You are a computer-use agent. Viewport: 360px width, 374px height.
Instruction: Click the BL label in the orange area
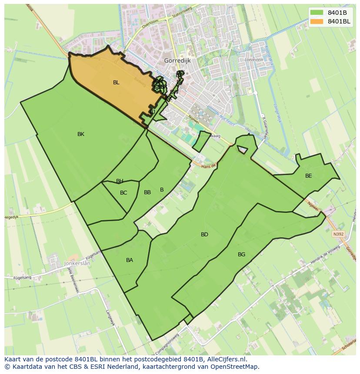[x=116, y=83]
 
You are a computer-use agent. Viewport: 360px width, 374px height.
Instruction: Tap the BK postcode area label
[x=81, y=134]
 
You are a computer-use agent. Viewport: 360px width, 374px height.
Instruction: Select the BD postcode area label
[x=204, y=235]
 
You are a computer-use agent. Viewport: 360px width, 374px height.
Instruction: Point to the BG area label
[x=242, y=255]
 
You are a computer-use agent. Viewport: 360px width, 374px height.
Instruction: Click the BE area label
[x=309, y=176]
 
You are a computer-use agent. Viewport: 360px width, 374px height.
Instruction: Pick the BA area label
[x=130, y=260]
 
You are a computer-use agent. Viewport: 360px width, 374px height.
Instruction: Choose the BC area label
[x=123, y=193]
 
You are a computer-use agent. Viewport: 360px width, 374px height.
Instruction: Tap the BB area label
[x=147, y=192]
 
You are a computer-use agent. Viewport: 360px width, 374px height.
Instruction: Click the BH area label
[x=120, y=181]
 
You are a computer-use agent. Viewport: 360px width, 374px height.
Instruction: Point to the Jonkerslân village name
[x=77, y=263]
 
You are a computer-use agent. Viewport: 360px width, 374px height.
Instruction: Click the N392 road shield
[x=338, y=234]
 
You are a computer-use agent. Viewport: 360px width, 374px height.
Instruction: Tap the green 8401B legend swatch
[x=317, y=13]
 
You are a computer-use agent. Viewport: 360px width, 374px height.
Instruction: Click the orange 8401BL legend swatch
[x=317, y=21]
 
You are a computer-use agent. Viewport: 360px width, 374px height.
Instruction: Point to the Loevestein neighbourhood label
[x=254, y=60]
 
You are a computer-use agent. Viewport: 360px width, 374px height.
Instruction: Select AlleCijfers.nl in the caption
[x=227, y=359]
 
